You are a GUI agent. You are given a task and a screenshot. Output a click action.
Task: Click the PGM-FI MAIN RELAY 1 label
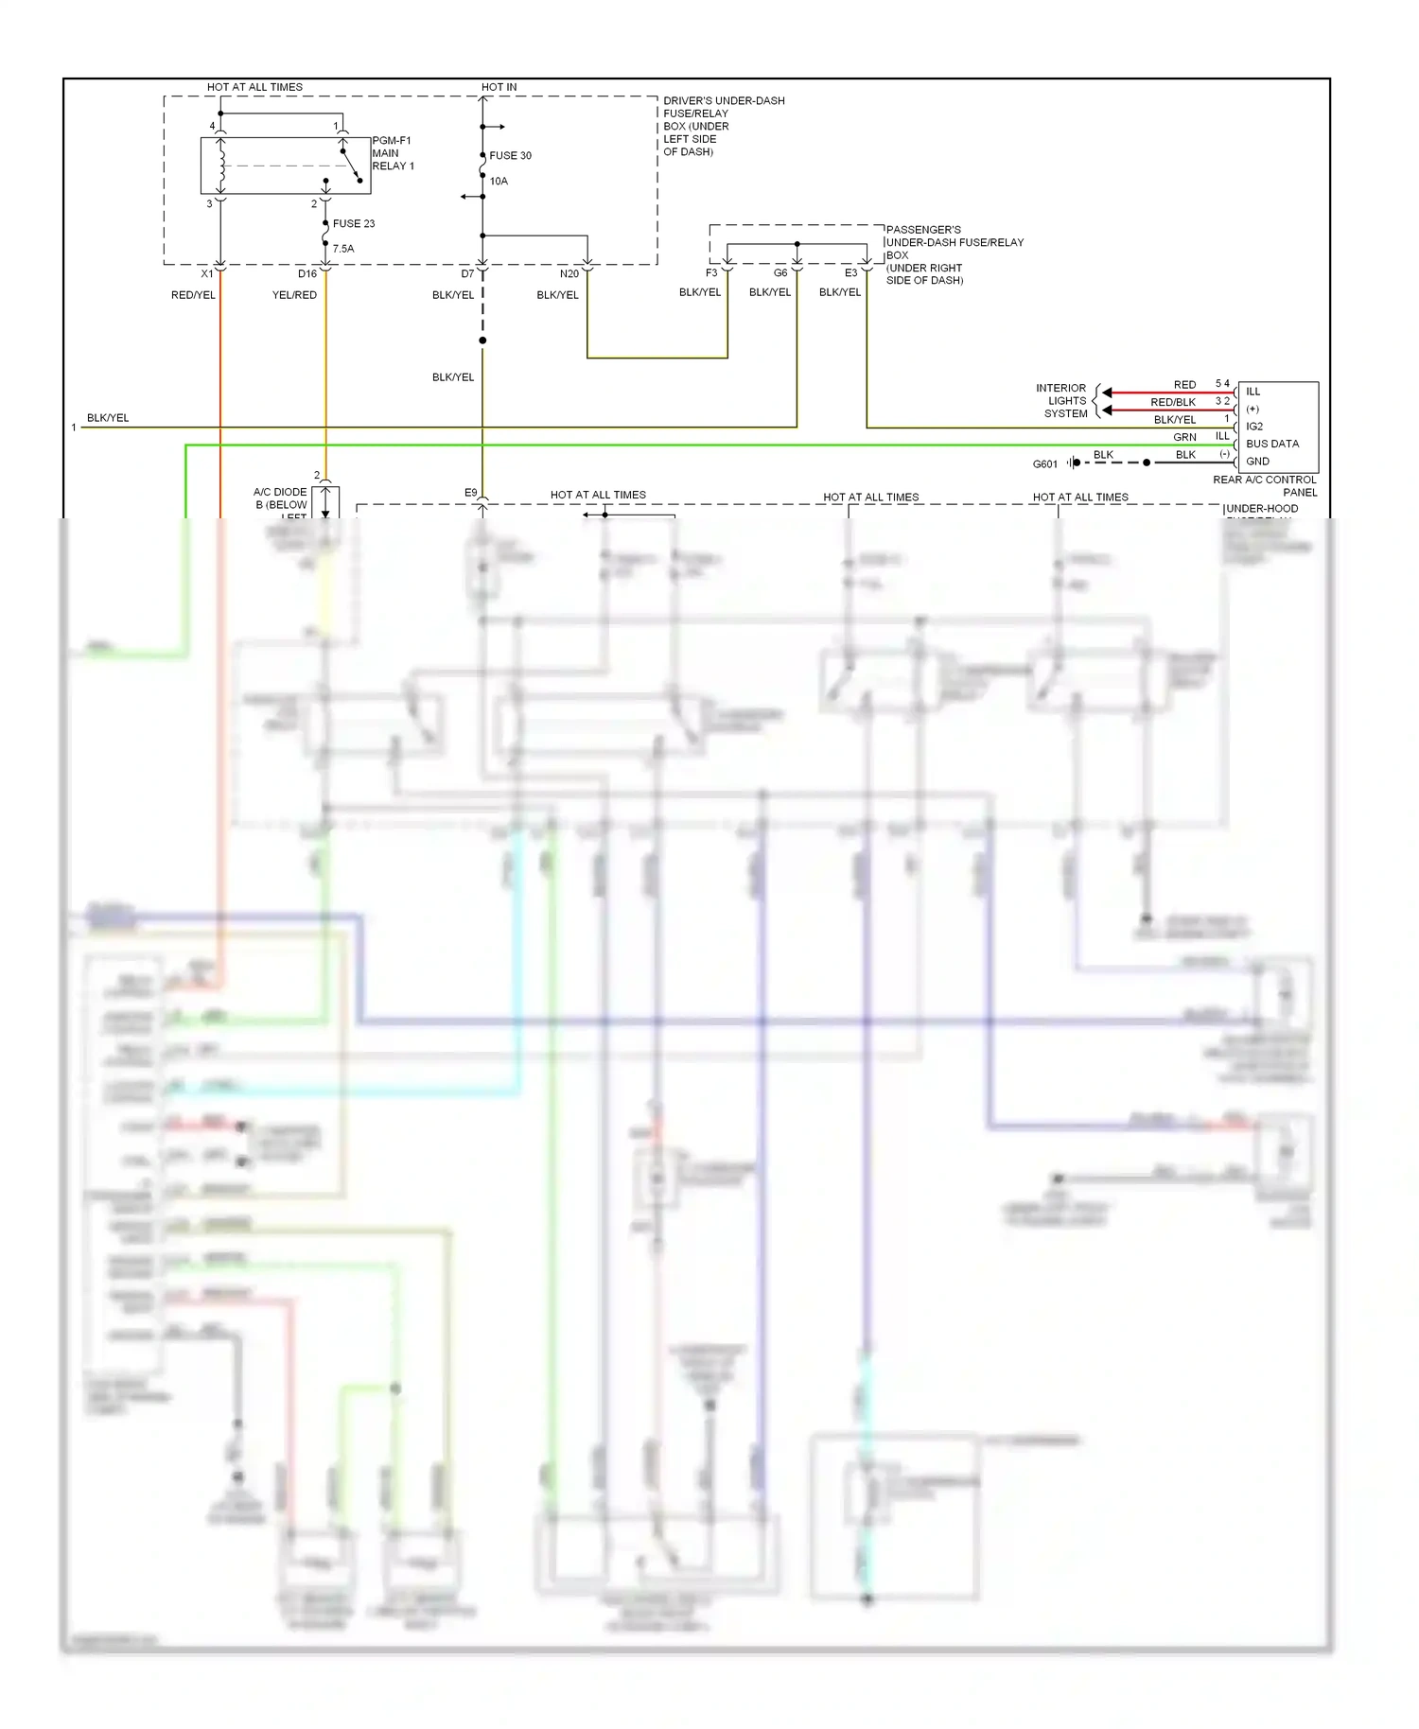393,153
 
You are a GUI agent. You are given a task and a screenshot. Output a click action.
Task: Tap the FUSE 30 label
510,155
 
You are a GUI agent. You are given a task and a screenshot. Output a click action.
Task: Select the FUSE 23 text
354,224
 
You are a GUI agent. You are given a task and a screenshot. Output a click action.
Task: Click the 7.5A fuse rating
343,249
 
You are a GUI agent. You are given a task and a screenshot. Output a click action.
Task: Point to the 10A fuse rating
499,181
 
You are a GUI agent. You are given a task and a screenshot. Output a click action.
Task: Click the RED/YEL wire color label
193,295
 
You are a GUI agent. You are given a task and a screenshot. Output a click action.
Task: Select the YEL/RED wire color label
294,295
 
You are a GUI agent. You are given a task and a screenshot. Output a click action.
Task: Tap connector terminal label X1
207,274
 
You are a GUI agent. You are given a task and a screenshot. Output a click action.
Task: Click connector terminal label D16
307,274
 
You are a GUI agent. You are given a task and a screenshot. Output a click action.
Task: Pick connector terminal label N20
569,274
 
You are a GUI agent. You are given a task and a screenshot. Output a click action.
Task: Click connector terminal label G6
780,273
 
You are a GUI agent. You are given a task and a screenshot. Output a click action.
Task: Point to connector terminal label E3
850,273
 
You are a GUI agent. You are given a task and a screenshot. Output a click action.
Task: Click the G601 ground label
1044,464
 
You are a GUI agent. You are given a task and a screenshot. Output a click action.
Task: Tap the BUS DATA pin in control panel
1272,444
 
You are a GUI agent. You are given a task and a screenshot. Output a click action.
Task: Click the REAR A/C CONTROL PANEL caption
1265,486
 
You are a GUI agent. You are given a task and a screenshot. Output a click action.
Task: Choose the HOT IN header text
499,87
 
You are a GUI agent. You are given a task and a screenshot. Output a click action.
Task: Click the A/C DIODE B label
281,498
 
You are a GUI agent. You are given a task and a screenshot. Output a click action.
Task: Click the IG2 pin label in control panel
1254,427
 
